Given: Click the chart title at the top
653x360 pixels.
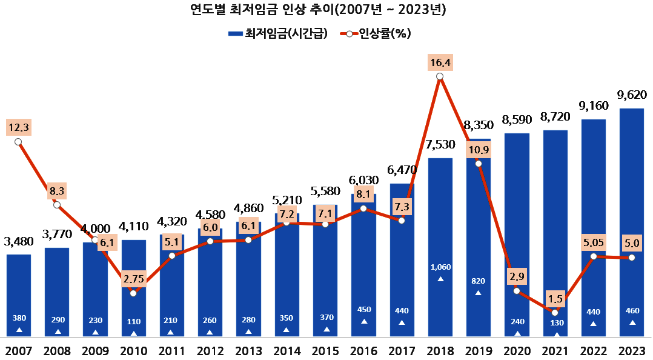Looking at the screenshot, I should coord(326,9).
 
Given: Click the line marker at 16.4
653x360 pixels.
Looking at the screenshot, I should coord(440,76).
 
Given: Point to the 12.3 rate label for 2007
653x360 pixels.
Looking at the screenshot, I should coord(18,127).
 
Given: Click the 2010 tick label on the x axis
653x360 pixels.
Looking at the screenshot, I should coord(133,351).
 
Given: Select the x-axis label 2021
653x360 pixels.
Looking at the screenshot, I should coord(555,351).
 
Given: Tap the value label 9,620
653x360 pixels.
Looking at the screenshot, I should coord(632,95).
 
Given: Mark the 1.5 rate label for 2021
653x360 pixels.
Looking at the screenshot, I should coord(555,298).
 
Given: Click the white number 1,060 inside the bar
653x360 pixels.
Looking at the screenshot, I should coord(440,267).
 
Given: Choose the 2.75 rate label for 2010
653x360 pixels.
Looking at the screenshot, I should coord(133,279).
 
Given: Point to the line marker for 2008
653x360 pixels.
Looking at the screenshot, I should coord(57,205).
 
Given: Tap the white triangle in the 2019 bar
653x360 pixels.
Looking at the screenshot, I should coord(478,293).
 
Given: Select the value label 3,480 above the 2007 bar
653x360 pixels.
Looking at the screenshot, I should coord(19,242).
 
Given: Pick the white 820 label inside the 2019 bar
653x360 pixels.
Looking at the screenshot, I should coord(478,281).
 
